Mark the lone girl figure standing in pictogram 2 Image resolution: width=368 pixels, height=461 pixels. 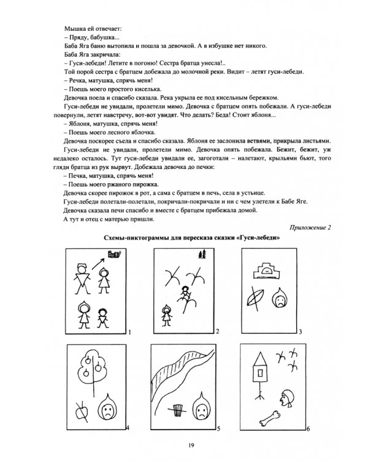165,311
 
